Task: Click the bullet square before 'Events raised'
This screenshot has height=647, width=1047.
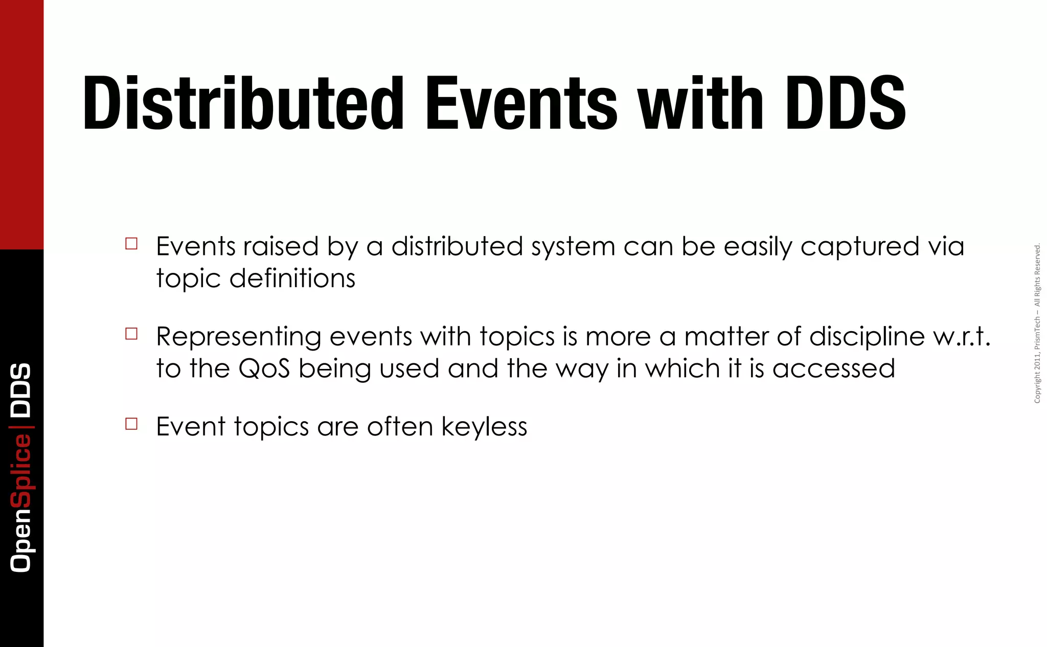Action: [x=131, y=243]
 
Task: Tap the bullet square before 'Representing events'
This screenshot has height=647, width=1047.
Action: [x=131, y=334]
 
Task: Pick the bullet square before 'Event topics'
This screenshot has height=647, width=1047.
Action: [x=131, y=424]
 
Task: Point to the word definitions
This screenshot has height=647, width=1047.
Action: [x=292, y=279]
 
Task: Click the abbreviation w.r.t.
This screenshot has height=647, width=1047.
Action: [x=962, y=337]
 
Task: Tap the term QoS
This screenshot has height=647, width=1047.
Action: [x=264, y=369]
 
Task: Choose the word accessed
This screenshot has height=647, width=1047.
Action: [x=833, y=369]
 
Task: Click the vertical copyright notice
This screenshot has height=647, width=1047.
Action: [x=1037, y=323]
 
